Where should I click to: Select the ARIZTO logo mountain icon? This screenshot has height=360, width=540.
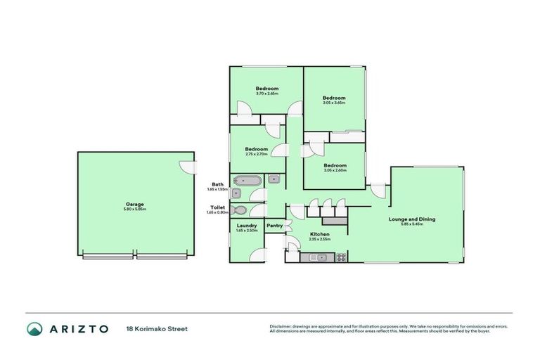tap(35, 328)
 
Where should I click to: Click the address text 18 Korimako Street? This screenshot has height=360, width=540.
tap(157, 328)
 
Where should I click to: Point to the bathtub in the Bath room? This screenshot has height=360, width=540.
tap(247, 181)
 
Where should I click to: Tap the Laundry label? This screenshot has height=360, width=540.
tap(246, 226)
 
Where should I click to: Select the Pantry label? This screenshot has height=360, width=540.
tap(274, 226)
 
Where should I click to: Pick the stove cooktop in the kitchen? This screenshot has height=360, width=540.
tap(341, 257)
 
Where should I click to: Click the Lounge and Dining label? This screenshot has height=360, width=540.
tap(412, 219)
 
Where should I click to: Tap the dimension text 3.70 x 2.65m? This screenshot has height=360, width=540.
tap(267, 94)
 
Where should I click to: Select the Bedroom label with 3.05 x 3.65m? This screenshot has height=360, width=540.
tap(334, 98)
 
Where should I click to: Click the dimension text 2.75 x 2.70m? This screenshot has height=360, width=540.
tap(257, 154)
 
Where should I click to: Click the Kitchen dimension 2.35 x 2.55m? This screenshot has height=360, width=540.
tap(320, 239)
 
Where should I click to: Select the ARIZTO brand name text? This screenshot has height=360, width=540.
tap(79, 328)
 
